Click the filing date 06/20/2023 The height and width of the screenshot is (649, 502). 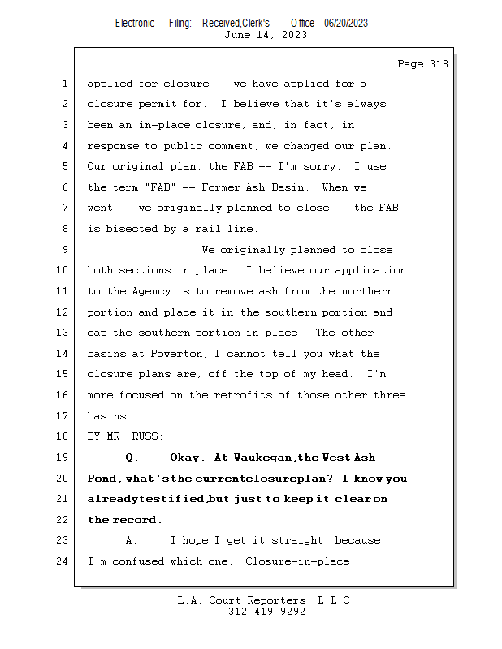345,23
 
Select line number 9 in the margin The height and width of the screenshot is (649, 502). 65,250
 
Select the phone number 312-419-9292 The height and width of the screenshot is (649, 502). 266,612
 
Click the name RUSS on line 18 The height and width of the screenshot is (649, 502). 147,436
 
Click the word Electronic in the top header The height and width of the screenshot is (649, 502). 135,23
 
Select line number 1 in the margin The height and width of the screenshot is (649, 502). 65,84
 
